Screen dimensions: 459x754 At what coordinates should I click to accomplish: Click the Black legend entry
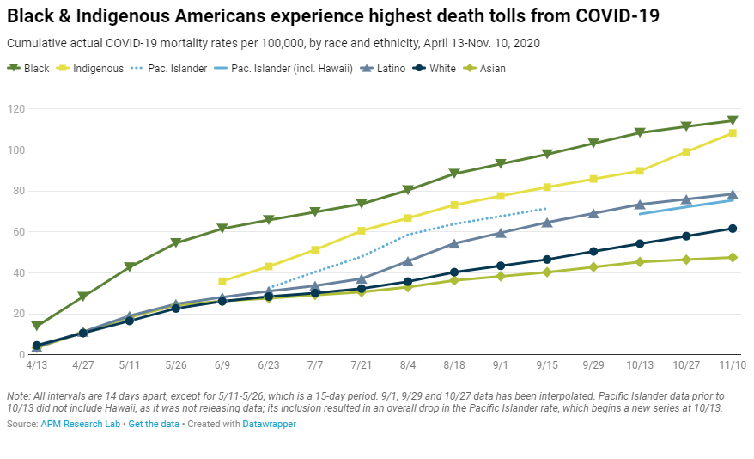[29, 68]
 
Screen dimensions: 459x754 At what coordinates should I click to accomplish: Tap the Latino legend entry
[386, 68]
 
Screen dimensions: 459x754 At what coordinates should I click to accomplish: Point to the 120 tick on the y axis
[15, 109]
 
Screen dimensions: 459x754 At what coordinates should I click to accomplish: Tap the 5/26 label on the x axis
[176, 364]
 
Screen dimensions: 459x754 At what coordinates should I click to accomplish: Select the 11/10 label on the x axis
[733, 364]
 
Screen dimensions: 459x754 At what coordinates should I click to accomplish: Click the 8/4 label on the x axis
[408, 364]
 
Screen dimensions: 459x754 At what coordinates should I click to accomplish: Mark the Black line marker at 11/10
[733, 121]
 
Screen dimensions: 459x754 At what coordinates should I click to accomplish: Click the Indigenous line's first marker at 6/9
[222, 281]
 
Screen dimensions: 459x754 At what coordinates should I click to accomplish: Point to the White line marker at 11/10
[733, 229]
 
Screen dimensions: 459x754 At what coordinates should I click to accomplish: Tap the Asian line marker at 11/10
[733, 257]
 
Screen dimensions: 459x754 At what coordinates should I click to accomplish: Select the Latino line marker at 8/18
[454, 244]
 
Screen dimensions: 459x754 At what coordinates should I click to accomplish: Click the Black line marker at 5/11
[130, 267]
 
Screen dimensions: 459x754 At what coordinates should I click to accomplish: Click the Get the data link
[153, 425]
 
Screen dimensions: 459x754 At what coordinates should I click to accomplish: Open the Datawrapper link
[269, 425]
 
